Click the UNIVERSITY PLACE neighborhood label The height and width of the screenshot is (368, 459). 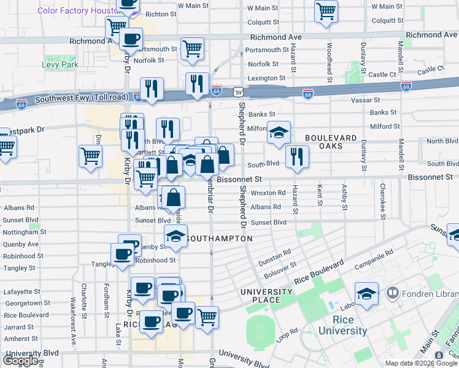click(266, 296)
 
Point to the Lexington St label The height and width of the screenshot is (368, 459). click(266, 78)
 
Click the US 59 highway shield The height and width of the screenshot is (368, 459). click(237, 92)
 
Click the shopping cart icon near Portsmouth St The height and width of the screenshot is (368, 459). click(193, 48)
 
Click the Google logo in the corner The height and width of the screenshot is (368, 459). click(20, 361)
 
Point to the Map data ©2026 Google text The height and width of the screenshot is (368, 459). click(421, 363)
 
